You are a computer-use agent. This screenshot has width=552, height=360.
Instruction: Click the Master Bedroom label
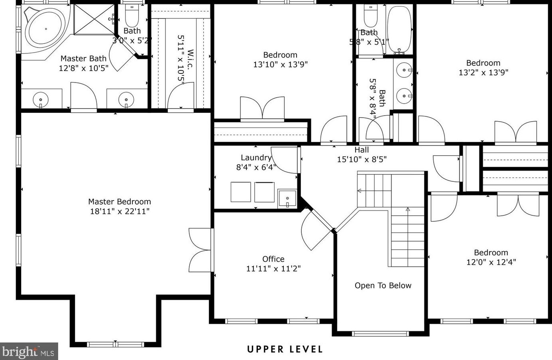click(x=120, y=202)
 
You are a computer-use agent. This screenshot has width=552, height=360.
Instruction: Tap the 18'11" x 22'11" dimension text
click(x=120, y=211)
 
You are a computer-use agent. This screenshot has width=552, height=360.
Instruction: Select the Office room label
click(x=273, y=259)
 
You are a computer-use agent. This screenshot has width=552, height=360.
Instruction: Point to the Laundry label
click(x=256, y=157)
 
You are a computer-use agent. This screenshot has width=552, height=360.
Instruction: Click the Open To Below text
click(x=383, y=285)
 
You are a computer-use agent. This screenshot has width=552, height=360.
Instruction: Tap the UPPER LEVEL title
click(x=285, y=349)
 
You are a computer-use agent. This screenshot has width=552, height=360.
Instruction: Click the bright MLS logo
click(x=29, y=351)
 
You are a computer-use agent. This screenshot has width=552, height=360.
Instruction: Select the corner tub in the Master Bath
click(x=46, y=29)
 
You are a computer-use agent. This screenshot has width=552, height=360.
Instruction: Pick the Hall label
click(x=362, y=150)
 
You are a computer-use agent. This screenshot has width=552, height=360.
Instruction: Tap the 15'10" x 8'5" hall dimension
click(x=362, y=159)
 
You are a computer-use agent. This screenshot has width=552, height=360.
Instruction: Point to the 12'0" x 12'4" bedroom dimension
click(x=491, y=262)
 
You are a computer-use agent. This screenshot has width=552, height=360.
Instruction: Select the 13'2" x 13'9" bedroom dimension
click(x=483, y=73)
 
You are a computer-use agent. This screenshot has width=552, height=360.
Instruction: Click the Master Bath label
click(x=84, y=59)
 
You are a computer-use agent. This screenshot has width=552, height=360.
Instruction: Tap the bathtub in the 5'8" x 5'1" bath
click(x=399, y=30)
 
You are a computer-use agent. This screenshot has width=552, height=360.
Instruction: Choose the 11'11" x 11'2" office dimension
click(x=273, y=269)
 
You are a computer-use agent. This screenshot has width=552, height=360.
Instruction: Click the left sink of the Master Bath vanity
click(x=41, y=100)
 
